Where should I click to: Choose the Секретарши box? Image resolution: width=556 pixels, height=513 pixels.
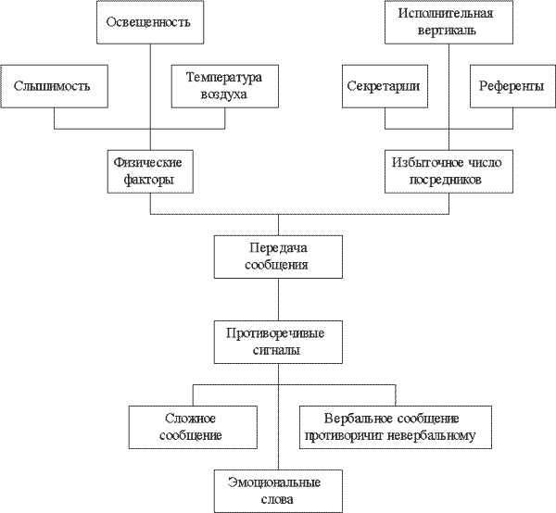pos(384,86)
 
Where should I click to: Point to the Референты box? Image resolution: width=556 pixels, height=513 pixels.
pos(511,86)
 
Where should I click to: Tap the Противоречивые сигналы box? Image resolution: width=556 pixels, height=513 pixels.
pos(278,342)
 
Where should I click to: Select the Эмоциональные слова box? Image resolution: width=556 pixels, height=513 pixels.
pos(278,490)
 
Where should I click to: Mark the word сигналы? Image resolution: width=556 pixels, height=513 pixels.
pos(278,351)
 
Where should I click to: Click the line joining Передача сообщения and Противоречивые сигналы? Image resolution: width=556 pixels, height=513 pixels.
pos(278,300)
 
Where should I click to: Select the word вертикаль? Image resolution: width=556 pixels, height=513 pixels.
pos(449,31)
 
